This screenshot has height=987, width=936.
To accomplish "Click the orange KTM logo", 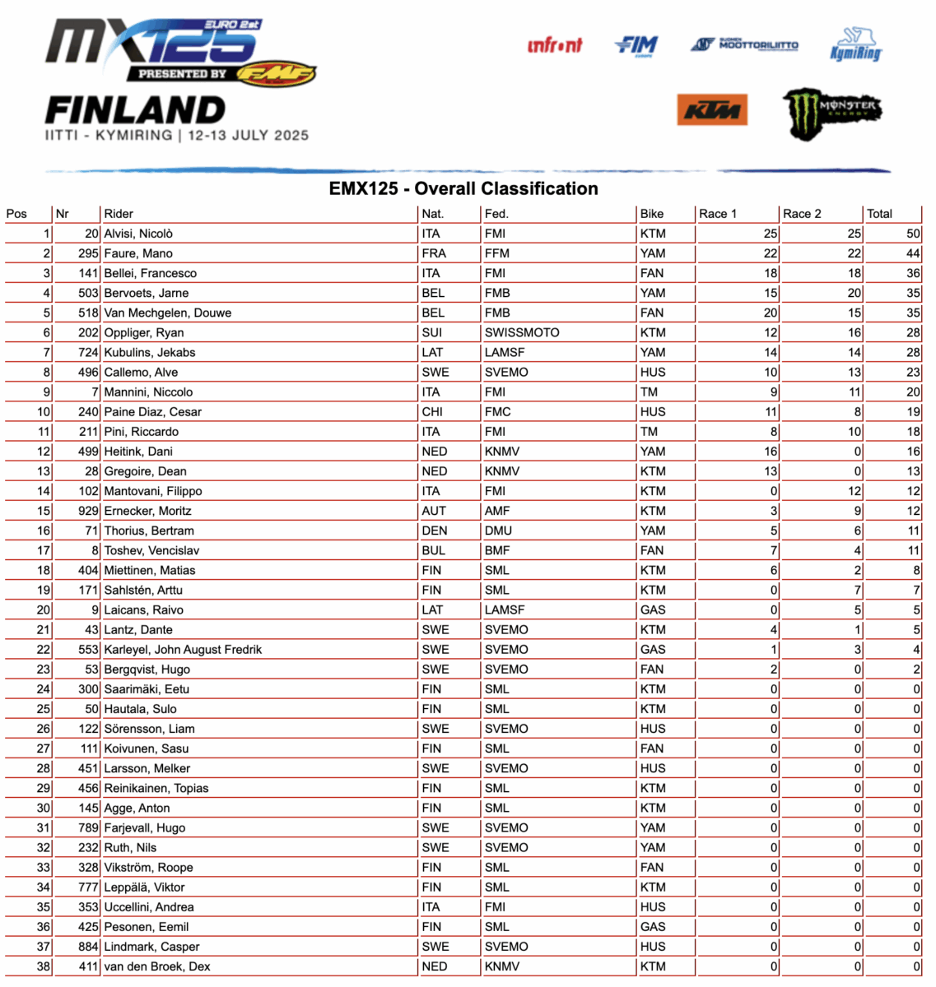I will point(712,109).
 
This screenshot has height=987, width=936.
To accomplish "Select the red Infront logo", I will point(555,45).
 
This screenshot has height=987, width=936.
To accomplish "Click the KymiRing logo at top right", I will point(856,45).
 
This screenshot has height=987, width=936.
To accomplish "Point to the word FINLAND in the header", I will point(135,110).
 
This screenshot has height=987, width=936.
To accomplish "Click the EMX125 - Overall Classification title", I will point(463,188).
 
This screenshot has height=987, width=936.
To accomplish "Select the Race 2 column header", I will point(802,214).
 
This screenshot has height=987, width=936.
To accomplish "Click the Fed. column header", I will point(496,214).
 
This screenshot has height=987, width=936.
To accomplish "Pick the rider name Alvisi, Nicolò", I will point(138,234).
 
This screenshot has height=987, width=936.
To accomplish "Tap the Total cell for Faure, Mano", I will point(912,253).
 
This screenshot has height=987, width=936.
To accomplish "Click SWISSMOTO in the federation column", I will point(522,332).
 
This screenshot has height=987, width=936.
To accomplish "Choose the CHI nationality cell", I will point(432,412).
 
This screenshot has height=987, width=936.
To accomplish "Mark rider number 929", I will point(88,511).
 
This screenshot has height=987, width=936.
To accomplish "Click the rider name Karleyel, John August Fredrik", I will point(183,650).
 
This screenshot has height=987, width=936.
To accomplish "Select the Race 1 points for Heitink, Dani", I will point(770,452).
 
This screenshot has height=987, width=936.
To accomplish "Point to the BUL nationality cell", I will point(433,550).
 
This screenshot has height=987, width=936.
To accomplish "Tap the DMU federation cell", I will point(498,531).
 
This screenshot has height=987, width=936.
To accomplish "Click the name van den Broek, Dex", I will point(157,966).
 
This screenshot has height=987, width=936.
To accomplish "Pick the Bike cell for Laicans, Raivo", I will point(652,610).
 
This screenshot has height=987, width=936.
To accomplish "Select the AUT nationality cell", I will point(433,511).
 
